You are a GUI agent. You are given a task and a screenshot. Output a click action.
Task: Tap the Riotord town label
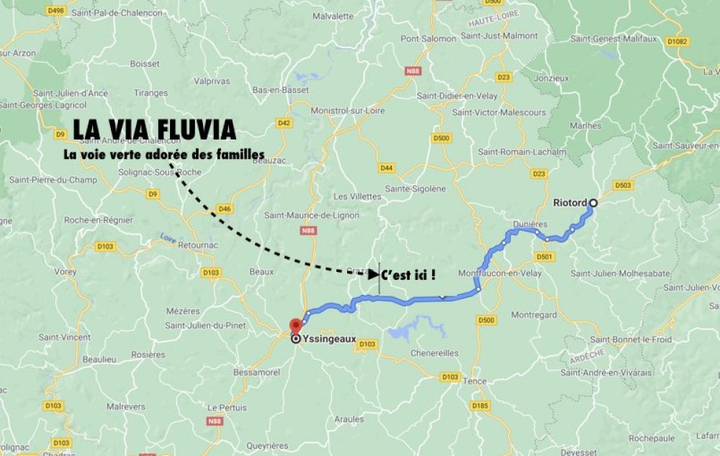[570, 204]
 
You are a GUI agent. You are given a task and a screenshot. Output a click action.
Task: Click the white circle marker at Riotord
[593, 204]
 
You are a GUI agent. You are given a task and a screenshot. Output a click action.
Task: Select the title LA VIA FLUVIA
[154, 129]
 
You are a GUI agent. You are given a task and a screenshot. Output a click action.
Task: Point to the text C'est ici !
[408, 274]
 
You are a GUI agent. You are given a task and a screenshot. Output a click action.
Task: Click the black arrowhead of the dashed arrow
[374, 274]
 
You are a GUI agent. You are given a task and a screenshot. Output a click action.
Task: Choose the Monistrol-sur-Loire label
[347, 111]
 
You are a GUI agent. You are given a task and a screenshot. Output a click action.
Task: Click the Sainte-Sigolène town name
[416, 188]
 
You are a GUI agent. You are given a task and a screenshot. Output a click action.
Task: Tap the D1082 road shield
[677, 42]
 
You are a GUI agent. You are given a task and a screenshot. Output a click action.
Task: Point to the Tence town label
[475, 381]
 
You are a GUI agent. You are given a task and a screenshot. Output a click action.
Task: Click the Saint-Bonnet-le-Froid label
[631, 339]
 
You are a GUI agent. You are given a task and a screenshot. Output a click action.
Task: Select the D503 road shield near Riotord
[624, 186]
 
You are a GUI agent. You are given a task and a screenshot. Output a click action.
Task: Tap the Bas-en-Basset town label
[280, 90]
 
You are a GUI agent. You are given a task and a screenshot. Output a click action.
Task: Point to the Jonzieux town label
[552, 78]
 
